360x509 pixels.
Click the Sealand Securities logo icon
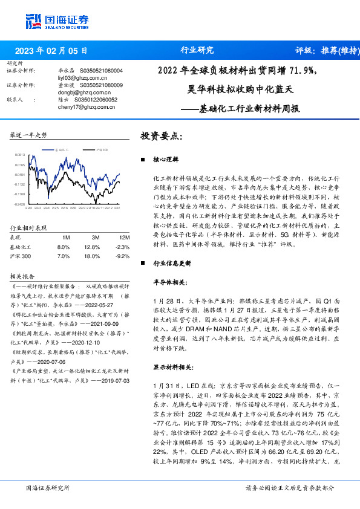[33, 21]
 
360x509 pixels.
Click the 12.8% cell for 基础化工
[93, 247]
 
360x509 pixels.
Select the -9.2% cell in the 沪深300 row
[123, 256]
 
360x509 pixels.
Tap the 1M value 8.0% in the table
[63, 247]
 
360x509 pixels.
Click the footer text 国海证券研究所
[47, 487]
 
